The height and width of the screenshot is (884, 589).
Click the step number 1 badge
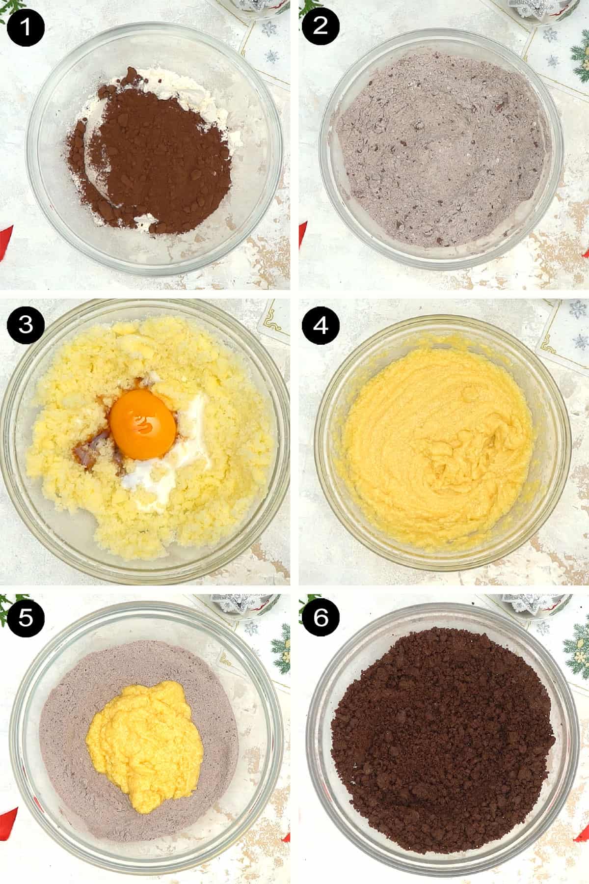tap(26, 26)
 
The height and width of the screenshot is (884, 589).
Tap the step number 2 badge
tap(320, 26)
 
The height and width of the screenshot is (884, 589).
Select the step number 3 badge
tap(26, 325)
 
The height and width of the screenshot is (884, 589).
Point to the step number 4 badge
tap(320, 325)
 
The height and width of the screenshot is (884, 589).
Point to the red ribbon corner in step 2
tap(302, 231)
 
